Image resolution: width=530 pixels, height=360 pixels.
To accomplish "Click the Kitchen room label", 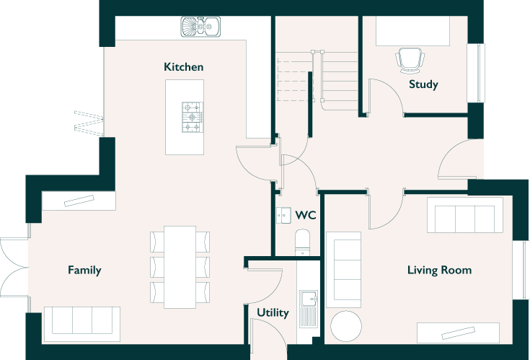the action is click(x=184, y=66).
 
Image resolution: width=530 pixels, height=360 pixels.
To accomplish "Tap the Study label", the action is click(x=423, y=84).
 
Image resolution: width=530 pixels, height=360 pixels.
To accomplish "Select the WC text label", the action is click(x=306, y=215).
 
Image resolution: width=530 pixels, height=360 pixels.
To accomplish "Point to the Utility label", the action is click(x=273, y=312).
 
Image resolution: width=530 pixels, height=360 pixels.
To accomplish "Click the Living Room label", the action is click(x=439, y=270).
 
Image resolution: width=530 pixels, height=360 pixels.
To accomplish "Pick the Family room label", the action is click(x=84, y=270).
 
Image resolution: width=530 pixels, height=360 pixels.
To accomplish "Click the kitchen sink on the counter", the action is click(x=200, y=27).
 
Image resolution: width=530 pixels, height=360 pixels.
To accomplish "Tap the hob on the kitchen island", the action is click(x=193, y=117).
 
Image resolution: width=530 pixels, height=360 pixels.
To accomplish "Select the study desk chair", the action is click(x=410, y=60).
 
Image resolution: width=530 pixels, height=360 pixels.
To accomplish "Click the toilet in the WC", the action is click(x=302, y=242).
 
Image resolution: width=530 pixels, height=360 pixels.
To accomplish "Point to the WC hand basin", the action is click(x=283, y=215).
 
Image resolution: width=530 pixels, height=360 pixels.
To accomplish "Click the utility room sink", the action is click(x=309, y=309).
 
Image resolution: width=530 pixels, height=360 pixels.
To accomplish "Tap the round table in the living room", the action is click(x=346, y=326).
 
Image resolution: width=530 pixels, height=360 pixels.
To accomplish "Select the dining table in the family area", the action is click(x=180, y=267).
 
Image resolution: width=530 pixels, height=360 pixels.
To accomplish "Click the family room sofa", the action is click(x=82, y=324).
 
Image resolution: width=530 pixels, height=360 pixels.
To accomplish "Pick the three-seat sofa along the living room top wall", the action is click(x=465, y=215).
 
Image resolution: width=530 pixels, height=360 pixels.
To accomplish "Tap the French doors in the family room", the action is click(x=14, y=268).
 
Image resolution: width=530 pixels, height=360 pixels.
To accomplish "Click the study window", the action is click(x=476, y=73).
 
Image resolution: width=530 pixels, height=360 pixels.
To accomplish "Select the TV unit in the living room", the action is click(x=458, y=333).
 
